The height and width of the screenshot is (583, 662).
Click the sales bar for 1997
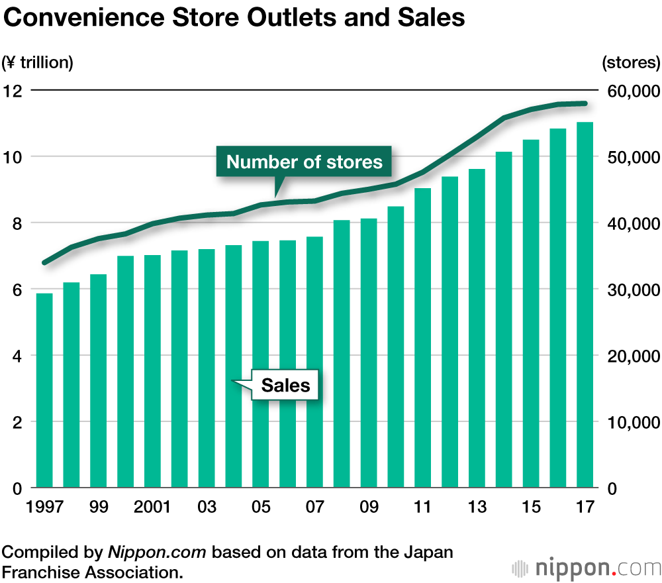point(44,391)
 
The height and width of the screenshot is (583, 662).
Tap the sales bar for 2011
point(422,338)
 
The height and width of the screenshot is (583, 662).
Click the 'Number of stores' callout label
point(305,162)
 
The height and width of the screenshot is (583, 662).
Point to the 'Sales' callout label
point(285,385)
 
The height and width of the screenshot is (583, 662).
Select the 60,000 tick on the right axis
point(630,91)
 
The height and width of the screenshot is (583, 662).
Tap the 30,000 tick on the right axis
point(630,290)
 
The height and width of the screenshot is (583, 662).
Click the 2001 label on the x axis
point(152,507)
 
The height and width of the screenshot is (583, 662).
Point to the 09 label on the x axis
point(369,507)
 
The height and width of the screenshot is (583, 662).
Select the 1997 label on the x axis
point(44,507)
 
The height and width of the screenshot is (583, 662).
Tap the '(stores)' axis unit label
point(631,63)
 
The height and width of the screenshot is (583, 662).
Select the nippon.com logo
point(587,568)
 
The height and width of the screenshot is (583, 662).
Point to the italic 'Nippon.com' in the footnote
point(157,552)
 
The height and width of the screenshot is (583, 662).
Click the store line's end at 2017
point(585,103)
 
